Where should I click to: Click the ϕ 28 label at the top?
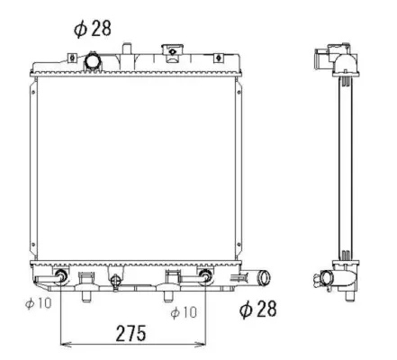click(93, 28)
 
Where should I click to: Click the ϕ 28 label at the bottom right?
click(258, 310)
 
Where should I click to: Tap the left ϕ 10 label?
click(39, 303)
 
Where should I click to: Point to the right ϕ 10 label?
click(184, 311)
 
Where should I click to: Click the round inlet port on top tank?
click(94, 61)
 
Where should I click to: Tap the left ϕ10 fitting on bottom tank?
click(61, 274)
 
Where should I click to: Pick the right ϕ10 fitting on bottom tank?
click(205, 274)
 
